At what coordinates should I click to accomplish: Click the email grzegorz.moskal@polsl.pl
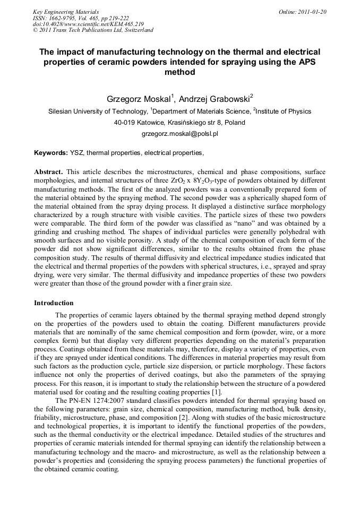[179, 134]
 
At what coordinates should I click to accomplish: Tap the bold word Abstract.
[48, 172]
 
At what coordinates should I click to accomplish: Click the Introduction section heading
[54, 303]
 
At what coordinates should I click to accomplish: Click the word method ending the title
[179, 72]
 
